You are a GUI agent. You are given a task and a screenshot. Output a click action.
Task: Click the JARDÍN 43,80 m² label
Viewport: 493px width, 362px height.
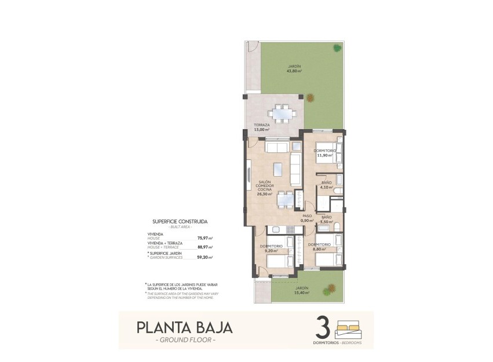(x=294, y=69)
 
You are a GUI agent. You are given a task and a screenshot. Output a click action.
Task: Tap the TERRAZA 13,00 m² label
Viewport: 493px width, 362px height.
(x=261, y=127)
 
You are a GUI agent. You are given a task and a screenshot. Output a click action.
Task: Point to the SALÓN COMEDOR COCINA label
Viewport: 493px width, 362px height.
(x=265, y=188)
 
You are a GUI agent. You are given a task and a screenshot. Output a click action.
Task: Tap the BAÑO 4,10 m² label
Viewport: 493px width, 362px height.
(x=326, y=185)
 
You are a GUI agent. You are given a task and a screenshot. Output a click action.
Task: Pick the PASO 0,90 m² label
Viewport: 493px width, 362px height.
(x=307, y=218)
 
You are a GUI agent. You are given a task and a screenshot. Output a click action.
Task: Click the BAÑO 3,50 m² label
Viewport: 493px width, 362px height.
(x=326, y=220)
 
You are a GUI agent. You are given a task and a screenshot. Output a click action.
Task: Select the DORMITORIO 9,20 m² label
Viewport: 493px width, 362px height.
(x=271, y=248)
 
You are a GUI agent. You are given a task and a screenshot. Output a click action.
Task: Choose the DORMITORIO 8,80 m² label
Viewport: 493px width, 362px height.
(x=319, y=247)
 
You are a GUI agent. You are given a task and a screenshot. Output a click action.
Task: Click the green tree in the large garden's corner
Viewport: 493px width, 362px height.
(x=336, y=48)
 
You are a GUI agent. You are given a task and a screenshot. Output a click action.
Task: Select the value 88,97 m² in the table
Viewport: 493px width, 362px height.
(x=205, y=247)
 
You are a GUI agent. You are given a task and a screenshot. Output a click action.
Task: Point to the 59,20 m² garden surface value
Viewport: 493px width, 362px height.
(x=205, y=257)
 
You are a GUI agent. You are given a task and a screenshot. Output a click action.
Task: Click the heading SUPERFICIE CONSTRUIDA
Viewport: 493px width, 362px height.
(x=180, y=221)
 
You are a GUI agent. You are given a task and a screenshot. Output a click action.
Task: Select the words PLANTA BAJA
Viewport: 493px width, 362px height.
(x=185, y=327)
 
